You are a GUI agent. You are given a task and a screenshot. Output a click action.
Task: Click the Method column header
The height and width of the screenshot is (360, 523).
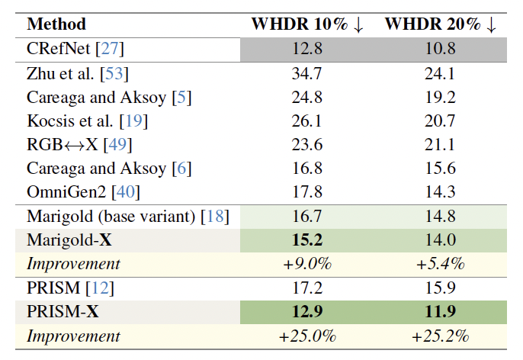click(56, 24)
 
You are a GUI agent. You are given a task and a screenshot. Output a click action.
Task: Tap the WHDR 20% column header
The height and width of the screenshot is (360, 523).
click(441, 24)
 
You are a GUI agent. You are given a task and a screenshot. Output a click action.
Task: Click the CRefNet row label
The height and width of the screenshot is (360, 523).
click(75, 50)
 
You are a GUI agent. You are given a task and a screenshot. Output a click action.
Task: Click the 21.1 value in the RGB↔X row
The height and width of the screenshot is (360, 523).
click(441, 144)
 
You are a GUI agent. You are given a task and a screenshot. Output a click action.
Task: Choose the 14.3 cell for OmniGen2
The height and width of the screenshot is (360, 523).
click(441, 191)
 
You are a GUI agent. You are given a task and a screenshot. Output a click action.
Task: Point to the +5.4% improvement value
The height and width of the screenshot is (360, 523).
click(441, 264)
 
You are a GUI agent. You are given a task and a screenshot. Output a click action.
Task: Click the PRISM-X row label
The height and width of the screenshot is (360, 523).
click(65, 312)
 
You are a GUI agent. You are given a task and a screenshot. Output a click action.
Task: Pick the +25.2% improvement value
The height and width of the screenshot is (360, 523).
click(441, 336)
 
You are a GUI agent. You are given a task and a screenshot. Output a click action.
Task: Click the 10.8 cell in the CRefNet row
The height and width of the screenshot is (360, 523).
click(441, 50)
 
